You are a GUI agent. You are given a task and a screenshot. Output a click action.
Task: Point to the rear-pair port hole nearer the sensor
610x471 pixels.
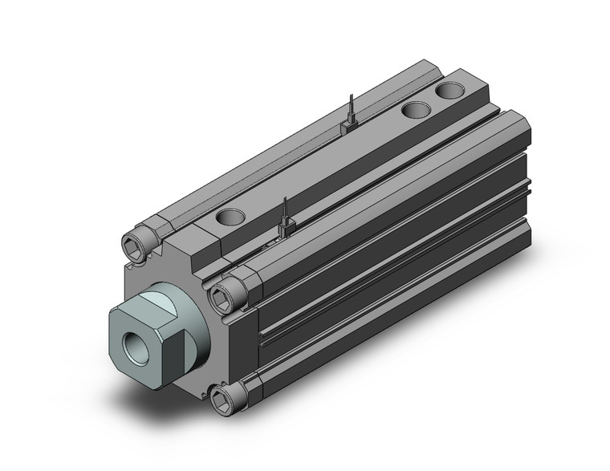tap(416, 111)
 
